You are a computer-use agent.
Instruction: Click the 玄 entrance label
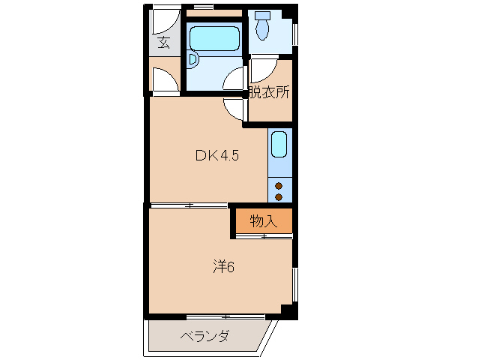coord(163,43)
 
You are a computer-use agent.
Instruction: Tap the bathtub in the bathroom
coord(214,38)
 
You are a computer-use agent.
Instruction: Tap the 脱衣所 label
coord(269,93)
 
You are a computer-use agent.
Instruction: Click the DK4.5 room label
coord(217,156)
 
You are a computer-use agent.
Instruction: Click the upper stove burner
coord(279,185)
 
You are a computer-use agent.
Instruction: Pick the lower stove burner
coord(279,196)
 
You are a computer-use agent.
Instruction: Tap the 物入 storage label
coord(263,221)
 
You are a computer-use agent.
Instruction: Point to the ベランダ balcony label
coord(205,335)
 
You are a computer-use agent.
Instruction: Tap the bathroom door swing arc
coord(235,78)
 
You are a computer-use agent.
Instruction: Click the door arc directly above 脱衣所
coord(262,70)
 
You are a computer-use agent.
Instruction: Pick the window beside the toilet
coord(295,34)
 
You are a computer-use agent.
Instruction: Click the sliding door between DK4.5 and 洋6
coord(188,205)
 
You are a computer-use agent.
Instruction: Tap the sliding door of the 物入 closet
coord(263,236)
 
